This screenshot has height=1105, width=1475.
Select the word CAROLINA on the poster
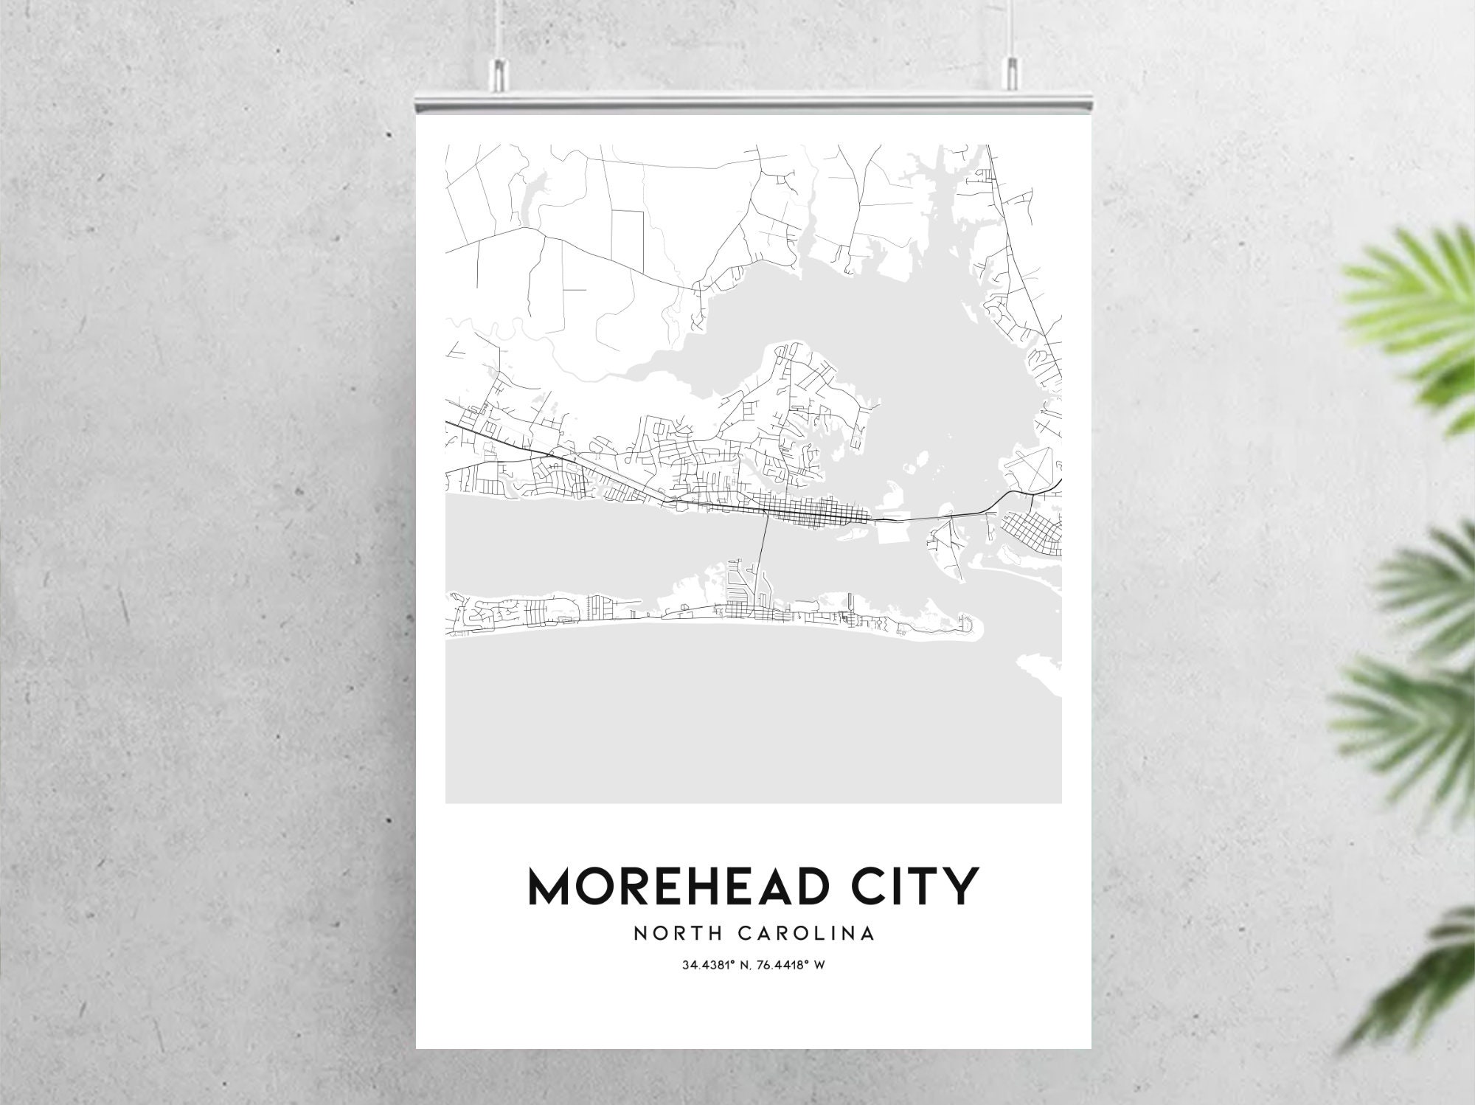[807, 933]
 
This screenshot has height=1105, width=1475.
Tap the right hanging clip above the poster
[1010, 72]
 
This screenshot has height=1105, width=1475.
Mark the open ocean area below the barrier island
[737, 723]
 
